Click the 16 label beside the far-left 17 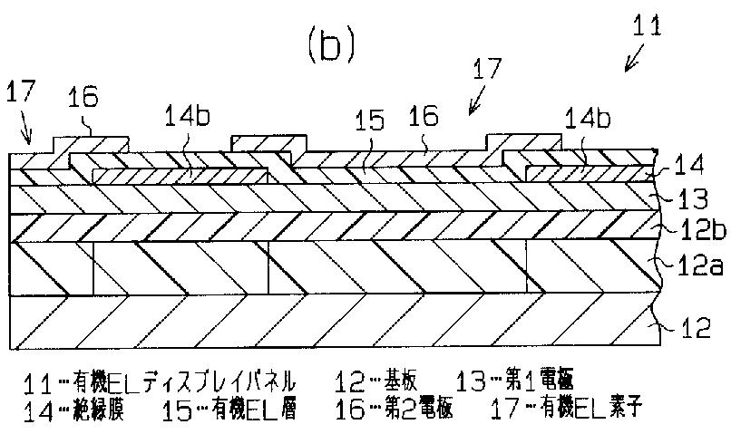coord(83,98)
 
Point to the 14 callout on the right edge coord(687,167)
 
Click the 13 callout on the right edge coord(688,198)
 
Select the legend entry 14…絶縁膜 coord(70,410)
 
